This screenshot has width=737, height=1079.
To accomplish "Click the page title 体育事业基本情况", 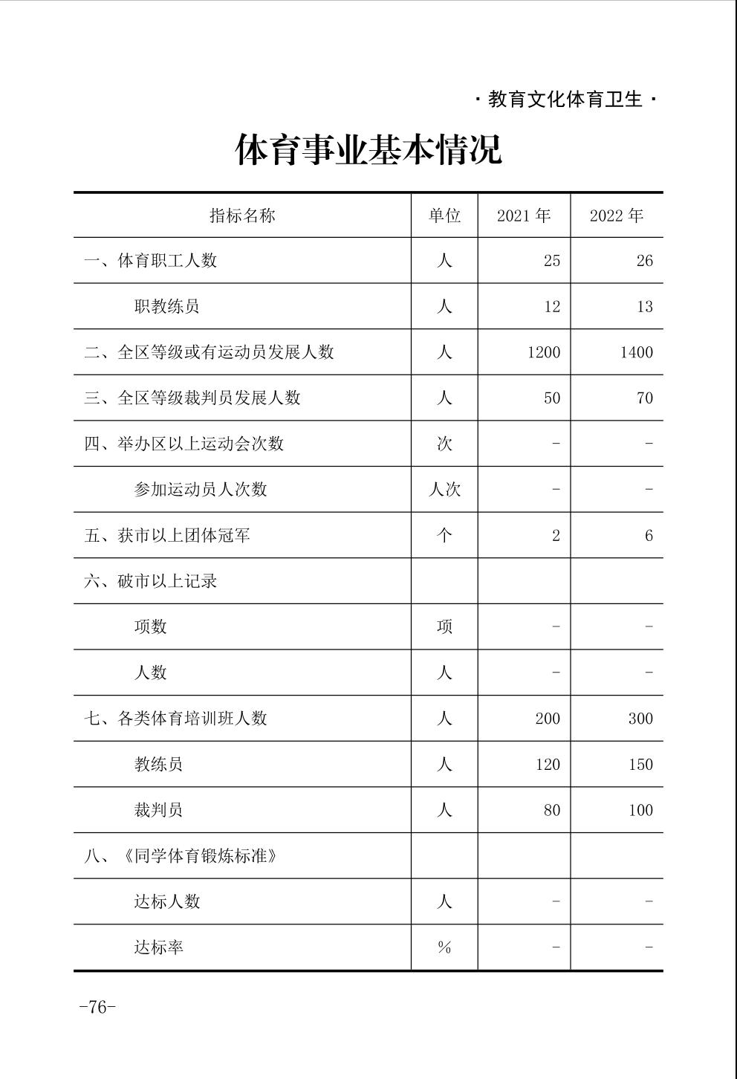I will [x=368, y=149].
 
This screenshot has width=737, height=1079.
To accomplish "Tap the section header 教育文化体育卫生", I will [x=565, y=100].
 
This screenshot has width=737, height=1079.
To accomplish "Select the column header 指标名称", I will [x=242, y=216].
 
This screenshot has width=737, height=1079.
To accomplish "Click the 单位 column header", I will [x=444, y=216].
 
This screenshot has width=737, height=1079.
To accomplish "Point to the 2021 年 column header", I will [x=524, y=216].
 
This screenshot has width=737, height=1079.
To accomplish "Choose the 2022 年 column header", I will [x=617, y=216].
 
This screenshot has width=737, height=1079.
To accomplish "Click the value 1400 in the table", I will [x=637, y=352].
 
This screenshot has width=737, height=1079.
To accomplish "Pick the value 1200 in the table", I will [x=544, y=352].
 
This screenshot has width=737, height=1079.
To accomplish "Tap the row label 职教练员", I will [x=166, y=306].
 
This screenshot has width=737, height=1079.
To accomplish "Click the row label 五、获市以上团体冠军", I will [x=167, y=535].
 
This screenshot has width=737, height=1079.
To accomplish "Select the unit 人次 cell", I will [x=444, y=489].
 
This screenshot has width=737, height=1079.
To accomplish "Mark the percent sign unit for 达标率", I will [x=444, y=947].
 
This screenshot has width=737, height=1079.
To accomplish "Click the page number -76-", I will [x=97, y=1007].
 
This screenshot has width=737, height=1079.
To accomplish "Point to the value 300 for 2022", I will [x=640, y=719].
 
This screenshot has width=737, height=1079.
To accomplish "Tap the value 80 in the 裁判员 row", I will [x=551, y=810].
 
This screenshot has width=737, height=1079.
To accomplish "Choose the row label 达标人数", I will [x=167, y=901].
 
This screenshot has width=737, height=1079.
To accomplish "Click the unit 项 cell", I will [x=444, y=626].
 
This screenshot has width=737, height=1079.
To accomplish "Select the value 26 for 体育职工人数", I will [x=644, y=261].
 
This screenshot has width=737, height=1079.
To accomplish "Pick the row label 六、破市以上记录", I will [x=151, y=581].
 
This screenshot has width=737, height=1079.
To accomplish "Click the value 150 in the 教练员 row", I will [x=640, y=765].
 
